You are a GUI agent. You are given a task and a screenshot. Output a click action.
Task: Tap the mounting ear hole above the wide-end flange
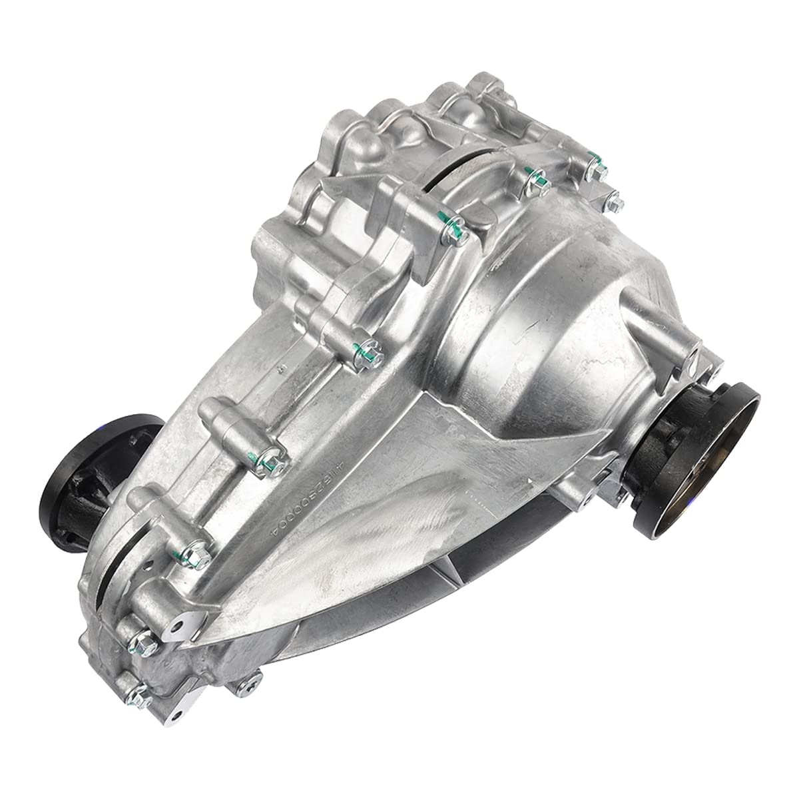[x=693, y=346]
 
